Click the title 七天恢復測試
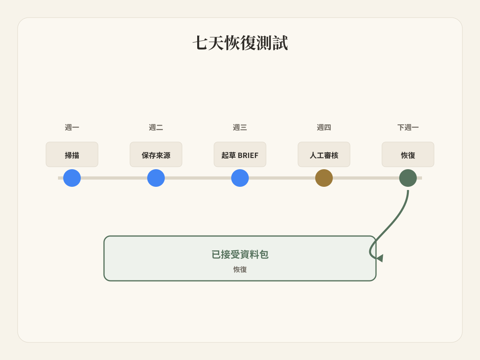coord(240,43)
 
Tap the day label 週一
coord(72,127)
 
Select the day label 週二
coord(156,127)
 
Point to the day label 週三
coord(240,127)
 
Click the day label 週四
coord(324,127)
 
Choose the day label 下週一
coord(408,127)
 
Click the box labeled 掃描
coord(72,154)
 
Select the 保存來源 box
coord(156,154)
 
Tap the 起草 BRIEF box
coord(240,154)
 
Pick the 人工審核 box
coord(324,154)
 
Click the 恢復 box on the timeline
coord(408,154)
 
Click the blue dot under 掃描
coord(72,178)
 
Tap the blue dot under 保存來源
coord(156,178)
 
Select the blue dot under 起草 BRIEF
coord(240,178)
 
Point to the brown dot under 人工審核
coord(324,178)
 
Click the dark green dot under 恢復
coord(408,178)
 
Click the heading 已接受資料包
coord(240,254)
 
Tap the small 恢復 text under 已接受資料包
coord(240,269)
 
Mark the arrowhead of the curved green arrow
coord(380,258)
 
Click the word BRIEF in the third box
coord(248,156)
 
